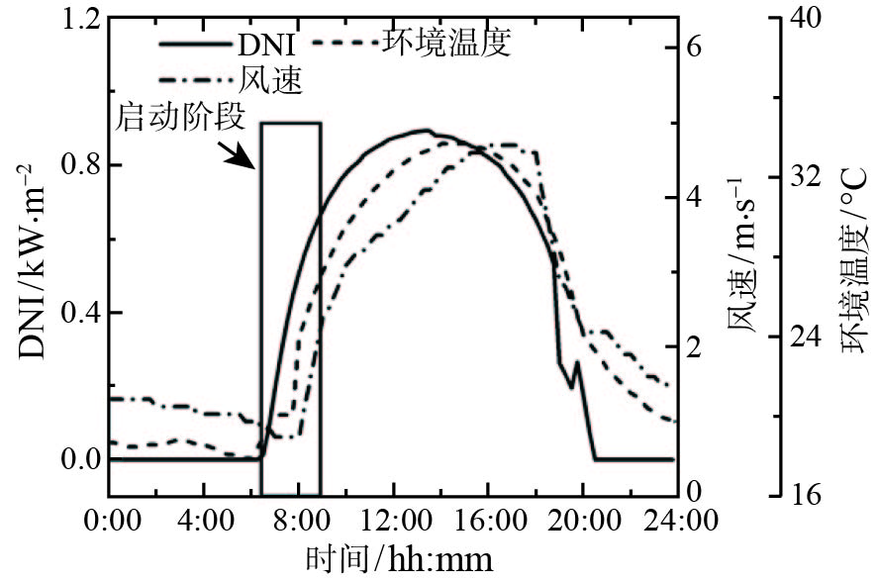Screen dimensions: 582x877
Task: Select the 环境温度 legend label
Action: [445, 43]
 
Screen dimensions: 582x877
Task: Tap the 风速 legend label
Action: [269, 79]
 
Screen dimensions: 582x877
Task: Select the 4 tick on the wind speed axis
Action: [694, 196]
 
